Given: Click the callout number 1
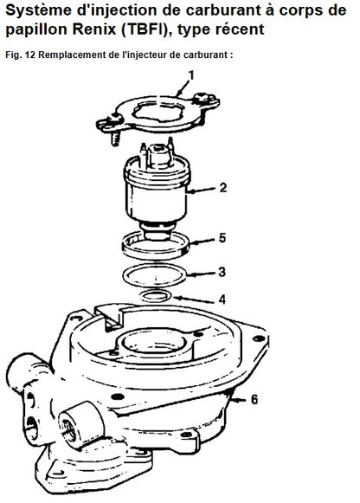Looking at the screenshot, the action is (191, 75).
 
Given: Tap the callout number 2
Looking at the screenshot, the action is (223, 188).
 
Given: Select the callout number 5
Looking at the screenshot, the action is (222, 238).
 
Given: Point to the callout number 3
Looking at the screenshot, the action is (222, 272).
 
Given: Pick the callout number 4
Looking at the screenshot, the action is (222, 300).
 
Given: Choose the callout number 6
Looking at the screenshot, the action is (254, 399).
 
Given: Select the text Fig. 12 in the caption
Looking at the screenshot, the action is (20, 55).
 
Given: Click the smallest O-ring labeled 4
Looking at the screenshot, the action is (156, 296).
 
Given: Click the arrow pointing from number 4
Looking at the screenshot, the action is (194, 300).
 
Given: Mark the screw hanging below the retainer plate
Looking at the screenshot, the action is (116, 139).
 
